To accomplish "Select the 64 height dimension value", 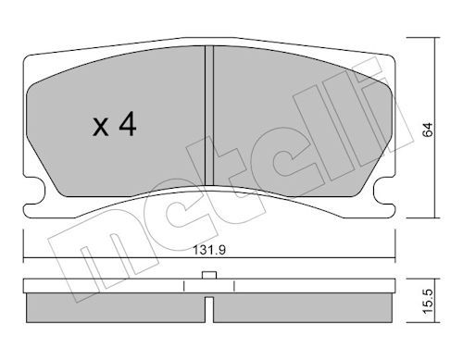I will point(429,131).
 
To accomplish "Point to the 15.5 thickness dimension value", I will point(429,304).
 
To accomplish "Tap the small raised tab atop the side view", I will point(209,274).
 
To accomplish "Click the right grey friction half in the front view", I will point(296,130).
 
